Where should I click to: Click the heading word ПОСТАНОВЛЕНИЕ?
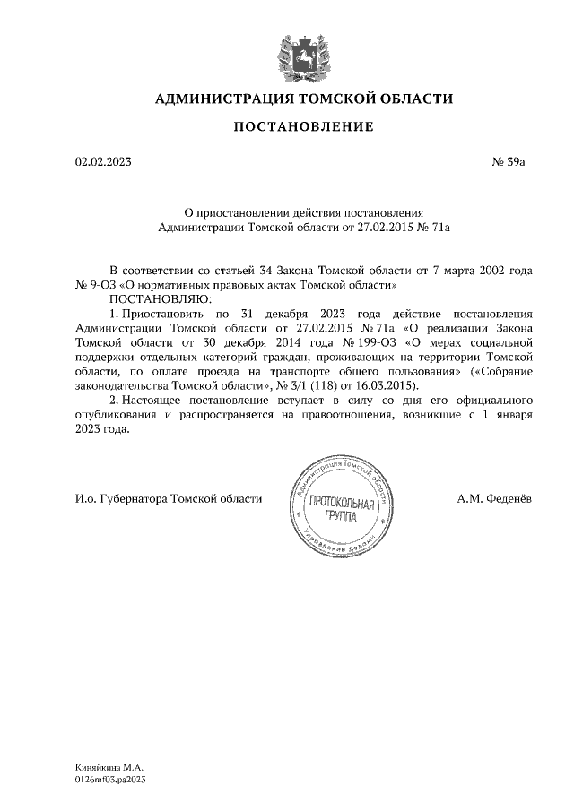[x=304, y=127]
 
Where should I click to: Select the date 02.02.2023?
[x=103, y=162]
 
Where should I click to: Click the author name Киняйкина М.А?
[x=109, y=769]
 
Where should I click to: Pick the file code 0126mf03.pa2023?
[x=110, y=781]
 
